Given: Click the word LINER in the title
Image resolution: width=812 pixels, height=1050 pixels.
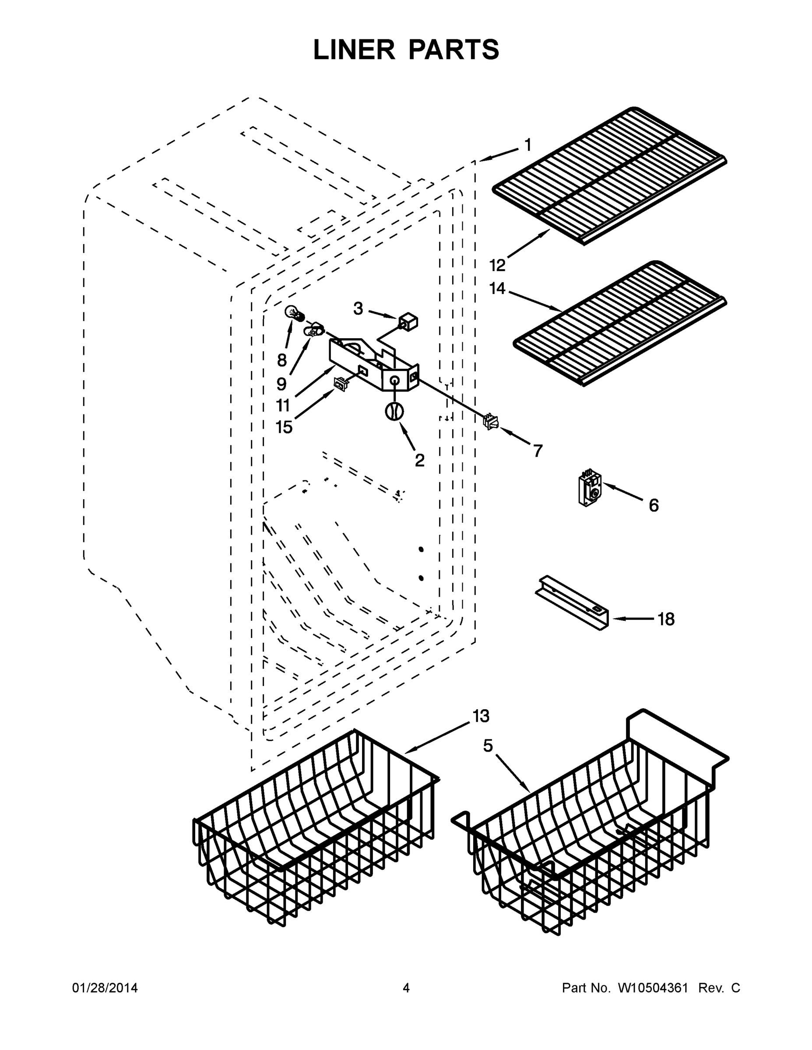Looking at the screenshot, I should (354, 49).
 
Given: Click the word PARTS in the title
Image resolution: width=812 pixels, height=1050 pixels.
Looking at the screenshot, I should (454, 49).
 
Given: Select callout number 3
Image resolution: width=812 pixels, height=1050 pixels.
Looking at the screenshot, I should (358, 308).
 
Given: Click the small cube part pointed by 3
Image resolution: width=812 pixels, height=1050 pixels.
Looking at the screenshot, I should (408, 321).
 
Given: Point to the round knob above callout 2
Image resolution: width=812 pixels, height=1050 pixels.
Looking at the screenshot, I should (394, 412).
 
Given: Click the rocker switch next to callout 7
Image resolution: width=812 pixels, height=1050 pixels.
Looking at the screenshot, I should (490, 422).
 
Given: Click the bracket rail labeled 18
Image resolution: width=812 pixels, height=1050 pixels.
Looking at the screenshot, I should (573, 602).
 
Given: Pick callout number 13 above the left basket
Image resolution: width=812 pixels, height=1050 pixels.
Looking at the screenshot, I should (481, 716).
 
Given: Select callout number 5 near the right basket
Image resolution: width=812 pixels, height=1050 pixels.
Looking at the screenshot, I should (488, 745).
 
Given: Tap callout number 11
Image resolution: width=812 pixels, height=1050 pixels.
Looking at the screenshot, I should (283, 405).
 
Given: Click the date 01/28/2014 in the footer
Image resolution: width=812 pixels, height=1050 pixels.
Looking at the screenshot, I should (105, 988).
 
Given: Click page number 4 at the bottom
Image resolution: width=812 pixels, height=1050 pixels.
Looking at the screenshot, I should (406, 988).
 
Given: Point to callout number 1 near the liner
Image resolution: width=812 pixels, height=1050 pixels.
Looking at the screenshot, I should (528, 144).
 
